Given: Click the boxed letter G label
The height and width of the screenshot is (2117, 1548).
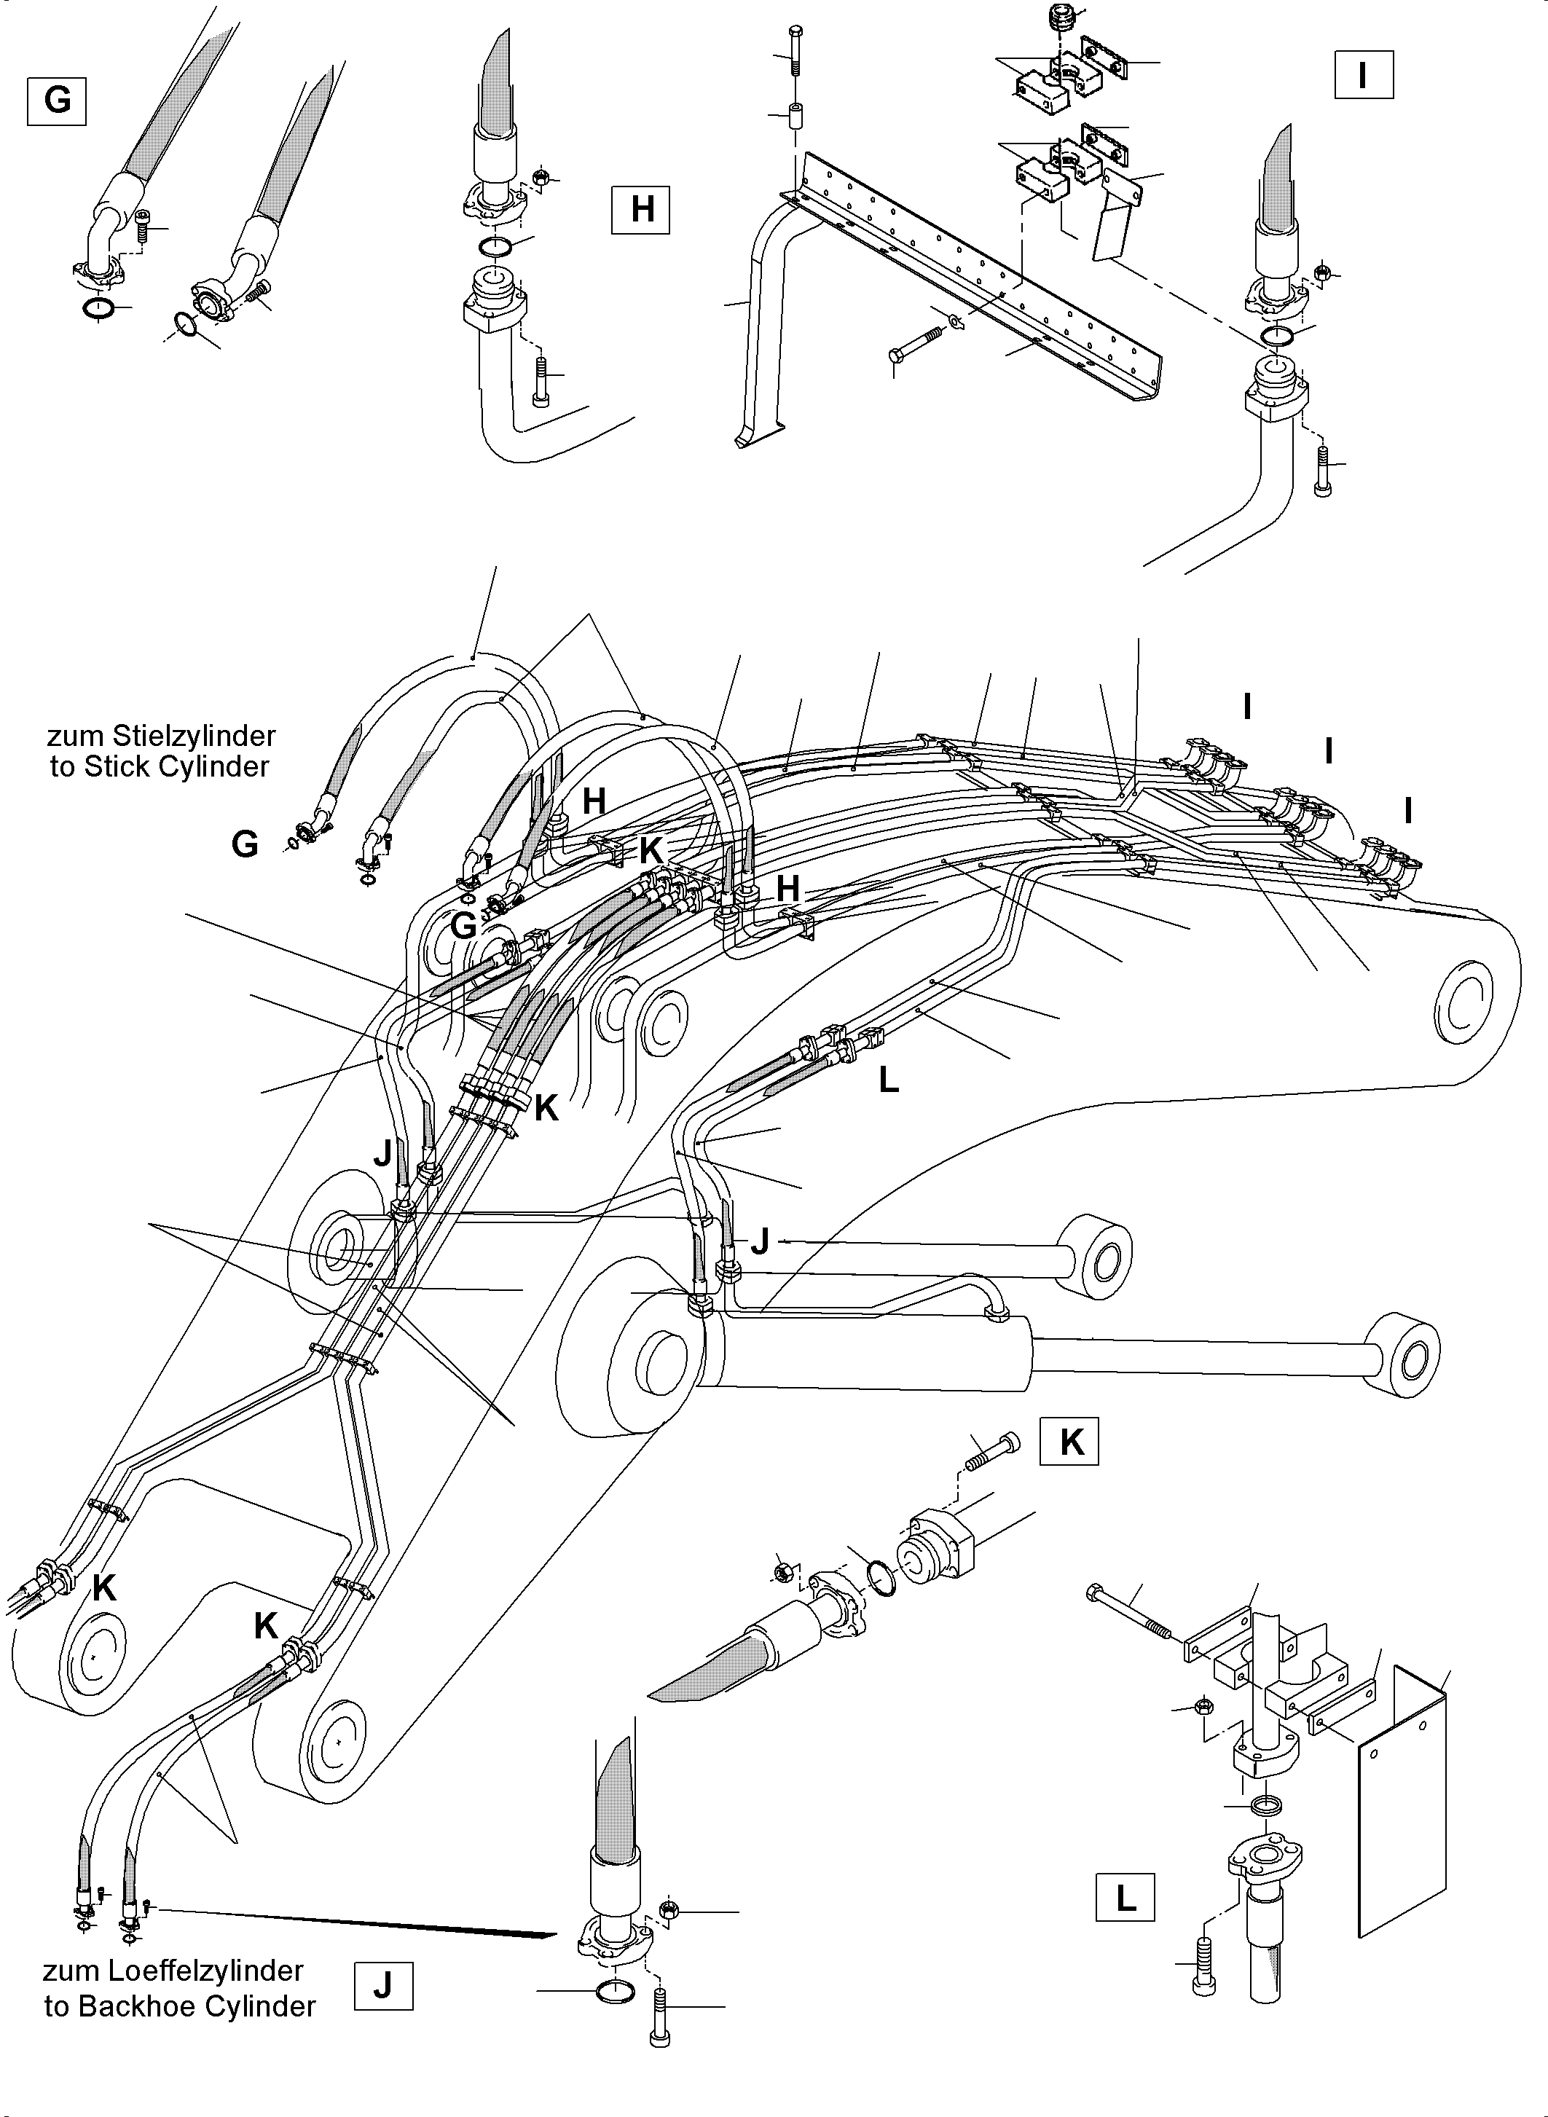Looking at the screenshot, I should coord(57,101).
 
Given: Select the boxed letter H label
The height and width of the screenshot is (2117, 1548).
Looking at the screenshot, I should coord(641,209).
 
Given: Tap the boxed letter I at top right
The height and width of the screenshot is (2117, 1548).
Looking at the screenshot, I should coord(1364,75).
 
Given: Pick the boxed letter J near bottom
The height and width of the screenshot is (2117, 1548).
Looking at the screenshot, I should coord(383,1985).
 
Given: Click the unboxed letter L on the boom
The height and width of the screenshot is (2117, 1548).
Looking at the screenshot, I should coord(888,1080).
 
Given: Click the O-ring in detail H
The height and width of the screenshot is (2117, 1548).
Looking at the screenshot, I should coord(495,248).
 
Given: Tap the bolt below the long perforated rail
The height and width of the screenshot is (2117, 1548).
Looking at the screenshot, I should coord(916,344).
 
